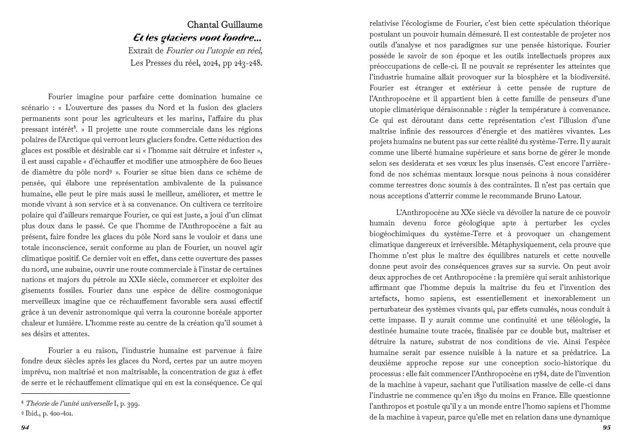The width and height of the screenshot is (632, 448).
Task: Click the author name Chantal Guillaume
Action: tap(224, 25)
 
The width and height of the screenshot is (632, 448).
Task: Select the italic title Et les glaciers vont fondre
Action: tap(198, 37)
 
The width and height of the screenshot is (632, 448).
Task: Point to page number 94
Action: tap(25, 428)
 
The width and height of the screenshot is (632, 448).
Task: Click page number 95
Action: tap(606, 428)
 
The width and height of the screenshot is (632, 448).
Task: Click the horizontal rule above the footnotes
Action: tap(75, 394)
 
